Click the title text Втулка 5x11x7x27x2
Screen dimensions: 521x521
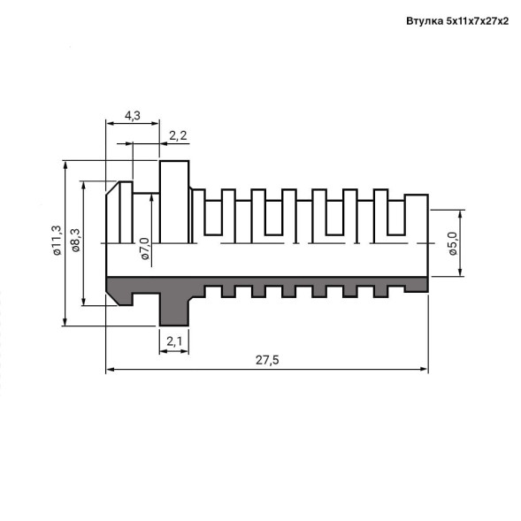coord(457,21)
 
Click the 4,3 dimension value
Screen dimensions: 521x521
coord(133,116)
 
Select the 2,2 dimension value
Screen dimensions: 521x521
coord(178,135)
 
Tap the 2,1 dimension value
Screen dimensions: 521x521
coord(174,341)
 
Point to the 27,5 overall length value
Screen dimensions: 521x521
coord(267,360)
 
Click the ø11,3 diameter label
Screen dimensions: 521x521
coord(57,241)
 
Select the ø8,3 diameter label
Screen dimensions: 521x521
coord(76,241)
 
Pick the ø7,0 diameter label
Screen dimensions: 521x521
coord(145,249)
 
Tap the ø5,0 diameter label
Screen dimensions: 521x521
coord(453,243)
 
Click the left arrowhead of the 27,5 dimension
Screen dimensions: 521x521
coord(110,369)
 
